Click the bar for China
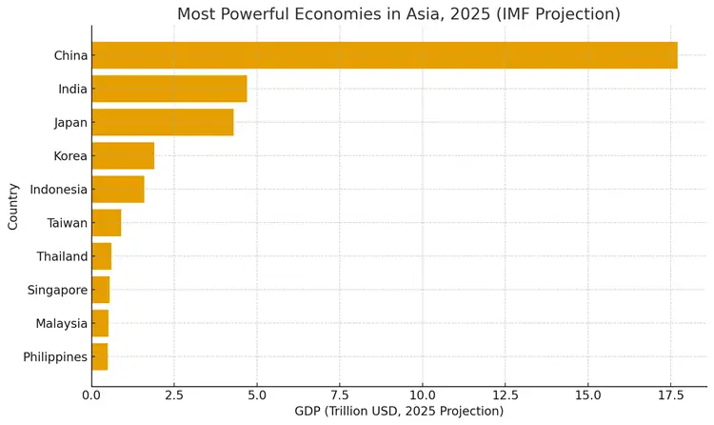click(x=385, y=55)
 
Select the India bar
click(x=169, y=89)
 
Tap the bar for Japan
click(x=163, y=122)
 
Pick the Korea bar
click(x=123, y=155)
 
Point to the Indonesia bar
click(x=118, y=189)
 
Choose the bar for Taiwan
click(x=107, y=223)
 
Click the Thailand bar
click(x=102, y=256)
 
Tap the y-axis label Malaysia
click(x=62, y=323)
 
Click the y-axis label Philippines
click(x=56, y=357)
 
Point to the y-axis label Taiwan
click(x=68, y=223)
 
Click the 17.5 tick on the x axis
click(x=670, y=395)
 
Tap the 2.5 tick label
click(x=174, y=395)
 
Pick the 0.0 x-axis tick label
click(x=91, y=395)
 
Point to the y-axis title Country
click(x=13, y=206)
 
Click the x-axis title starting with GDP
click(x=399, y=412)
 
